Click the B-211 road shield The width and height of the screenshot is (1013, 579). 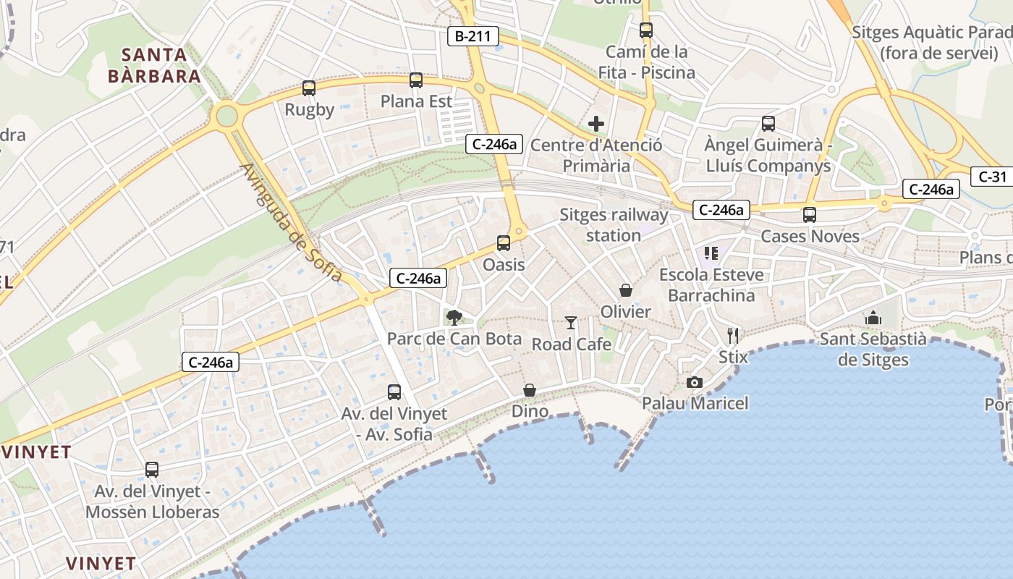pos(473,36)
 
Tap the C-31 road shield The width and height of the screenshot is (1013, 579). pos(992,176)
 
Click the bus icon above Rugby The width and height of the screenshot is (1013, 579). pos(309,88)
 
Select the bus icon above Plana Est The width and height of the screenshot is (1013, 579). pos(415,80)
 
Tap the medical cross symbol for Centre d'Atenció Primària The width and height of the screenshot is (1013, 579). pos(596,124)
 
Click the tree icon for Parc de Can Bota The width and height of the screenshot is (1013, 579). pos(454,317)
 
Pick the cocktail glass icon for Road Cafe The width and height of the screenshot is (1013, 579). pos(572,323)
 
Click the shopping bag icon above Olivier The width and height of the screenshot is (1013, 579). pos(626,290)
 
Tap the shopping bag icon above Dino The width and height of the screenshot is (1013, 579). pos(530,390)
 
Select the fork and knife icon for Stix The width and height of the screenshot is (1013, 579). pos(733,335)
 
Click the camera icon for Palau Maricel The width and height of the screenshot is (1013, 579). pos(695,382)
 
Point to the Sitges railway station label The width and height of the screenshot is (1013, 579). pos(614,225)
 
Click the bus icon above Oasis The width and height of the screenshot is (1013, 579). pos(504,243)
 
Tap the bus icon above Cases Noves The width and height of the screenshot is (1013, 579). pos(810,215)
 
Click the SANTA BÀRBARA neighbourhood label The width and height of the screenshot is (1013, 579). pos(154,65)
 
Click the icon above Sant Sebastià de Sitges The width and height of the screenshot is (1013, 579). pos(873,318)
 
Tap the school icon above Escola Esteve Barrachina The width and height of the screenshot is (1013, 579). pos(711,253)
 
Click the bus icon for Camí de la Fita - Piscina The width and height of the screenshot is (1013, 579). pos(646,30)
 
